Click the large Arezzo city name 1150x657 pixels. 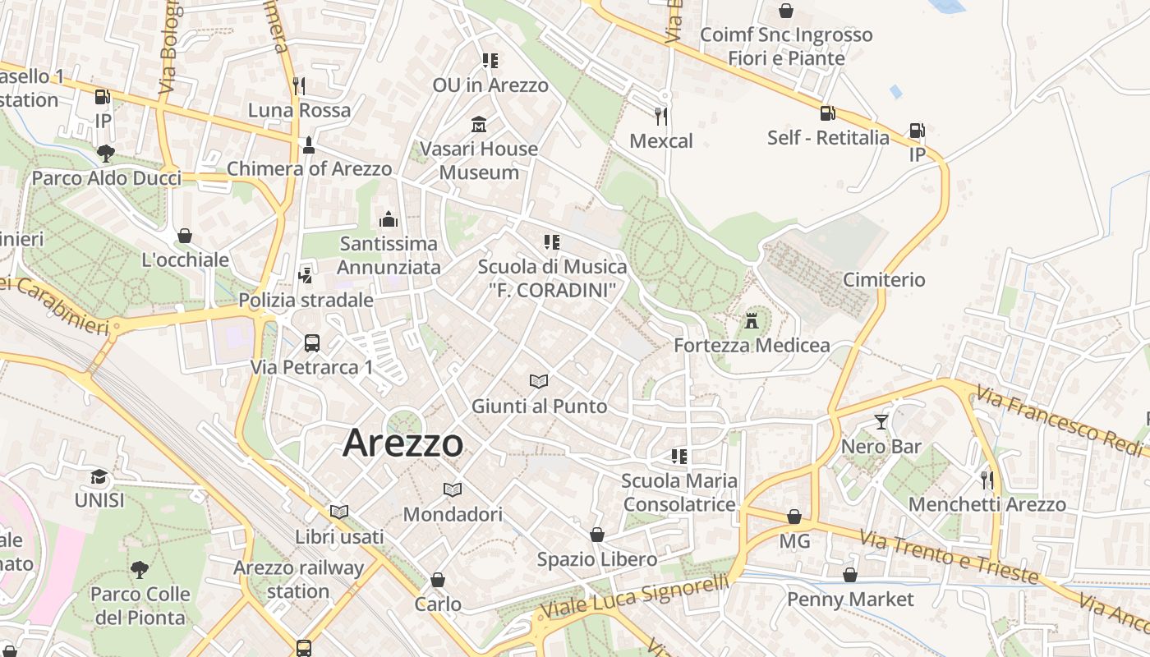point(402,443)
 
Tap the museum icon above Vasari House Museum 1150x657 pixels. point(478,125)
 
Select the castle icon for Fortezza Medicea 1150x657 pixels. point(752,319)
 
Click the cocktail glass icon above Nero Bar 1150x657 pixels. point(881,422)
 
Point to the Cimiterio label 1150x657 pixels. point(884,280)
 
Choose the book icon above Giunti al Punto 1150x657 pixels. point(539,381)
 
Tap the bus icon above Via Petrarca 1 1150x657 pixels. point(312,342)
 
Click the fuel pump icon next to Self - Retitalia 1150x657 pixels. point(827,113)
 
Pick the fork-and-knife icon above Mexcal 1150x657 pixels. point(661,116)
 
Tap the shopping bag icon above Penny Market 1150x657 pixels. point(850,575)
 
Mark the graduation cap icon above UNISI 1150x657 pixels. point(99,476)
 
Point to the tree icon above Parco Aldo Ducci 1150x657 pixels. point(105,153)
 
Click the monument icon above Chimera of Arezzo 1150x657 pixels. point(309,145)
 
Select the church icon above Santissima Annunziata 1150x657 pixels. point(389,219)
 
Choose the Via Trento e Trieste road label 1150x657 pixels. point(948,556)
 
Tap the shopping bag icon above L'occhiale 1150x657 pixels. point(185,236)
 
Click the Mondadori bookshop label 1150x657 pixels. point(453,515)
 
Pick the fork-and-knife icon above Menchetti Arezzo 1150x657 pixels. point(987,480)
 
